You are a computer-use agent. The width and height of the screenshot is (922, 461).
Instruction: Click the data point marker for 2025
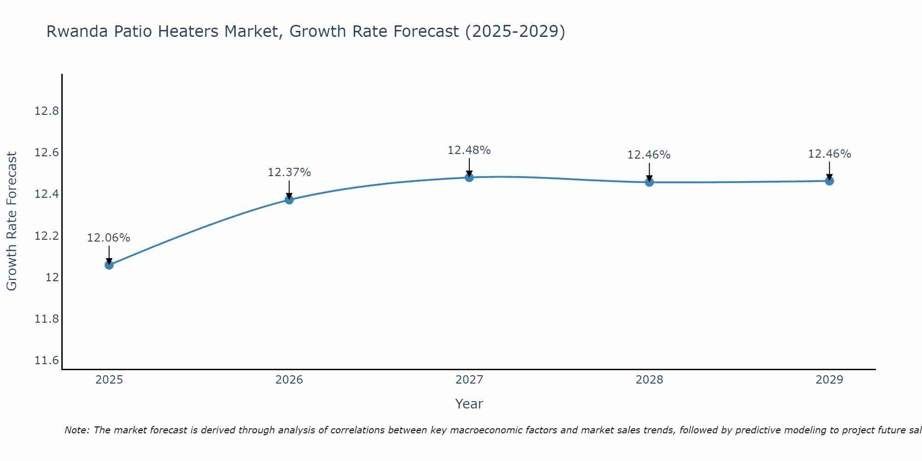click(x=109, y=265)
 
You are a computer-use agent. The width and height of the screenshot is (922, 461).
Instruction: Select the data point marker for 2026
click(x=289, y=200)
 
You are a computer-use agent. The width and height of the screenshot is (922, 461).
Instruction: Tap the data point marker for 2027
click(x=469, y=177)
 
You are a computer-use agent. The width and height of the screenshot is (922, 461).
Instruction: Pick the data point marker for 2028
click(x=649, y=182)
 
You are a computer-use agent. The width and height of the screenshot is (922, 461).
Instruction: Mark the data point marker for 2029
click(x=829, y=181)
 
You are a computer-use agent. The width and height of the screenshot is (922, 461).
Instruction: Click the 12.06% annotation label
click(x=109, y=238)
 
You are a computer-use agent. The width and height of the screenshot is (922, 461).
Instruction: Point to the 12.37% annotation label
click(x=289, y=172)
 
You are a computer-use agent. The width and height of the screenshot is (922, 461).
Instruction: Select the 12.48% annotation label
click(x=469, y=150)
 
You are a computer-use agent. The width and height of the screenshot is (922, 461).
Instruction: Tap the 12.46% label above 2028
click(x=649, y=155)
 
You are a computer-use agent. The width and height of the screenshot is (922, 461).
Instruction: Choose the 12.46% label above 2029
click(x=829, y=154)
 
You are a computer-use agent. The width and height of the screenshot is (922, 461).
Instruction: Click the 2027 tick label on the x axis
click(x=469, y=380)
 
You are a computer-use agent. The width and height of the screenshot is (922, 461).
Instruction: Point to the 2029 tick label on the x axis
click(x=829, y=380)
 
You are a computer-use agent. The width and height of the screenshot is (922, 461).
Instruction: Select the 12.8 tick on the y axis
click(x=47, y=111)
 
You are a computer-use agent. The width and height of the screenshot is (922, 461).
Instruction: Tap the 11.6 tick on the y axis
click(x=47, y=361)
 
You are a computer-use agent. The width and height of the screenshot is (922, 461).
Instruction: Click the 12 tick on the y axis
click(x=52, y=278)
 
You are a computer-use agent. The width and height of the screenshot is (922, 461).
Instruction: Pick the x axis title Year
click(x=469, y=404)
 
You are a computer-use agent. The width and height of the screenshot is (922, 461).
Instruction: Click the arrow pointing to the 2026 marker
click(x=289, y=189)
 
